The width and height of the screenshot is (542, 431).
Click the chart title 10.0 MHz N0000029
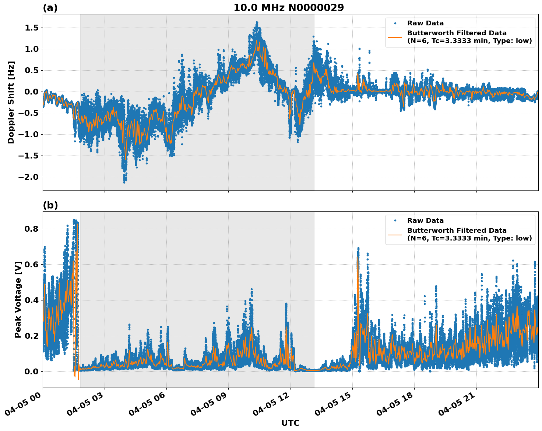click(x=289, y=8)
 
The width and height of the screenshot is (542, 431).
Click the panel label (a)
click(x=50, y=8)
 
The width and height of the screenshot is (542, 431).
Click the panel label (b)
click(x=50, y=205)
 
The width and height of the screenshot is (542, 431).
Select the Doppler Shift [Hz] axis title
click(x=11, y=102)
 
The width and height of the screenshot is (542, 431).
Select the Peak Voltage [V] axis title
click(x=18, y=299)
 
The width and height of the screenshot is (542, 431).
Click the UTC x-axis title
click(x=290, y=423)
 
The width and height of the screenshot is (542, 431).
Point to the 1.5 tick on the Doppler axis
click(x=31, y=28)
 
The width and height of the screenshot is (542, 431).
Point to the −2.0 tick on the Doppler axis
click(x=29, y=177)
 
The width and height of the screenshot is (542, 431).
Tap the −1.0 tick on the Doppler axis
click(x=29, y=135)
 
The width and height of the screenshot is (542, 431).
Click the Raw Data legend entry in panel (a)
click(x=425, y=23)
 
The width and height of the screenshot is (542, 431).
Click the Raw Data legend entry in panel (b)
click(x=425, y=221)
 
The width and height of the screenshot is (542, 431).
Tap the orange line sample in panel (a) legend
click(x=395, y=37)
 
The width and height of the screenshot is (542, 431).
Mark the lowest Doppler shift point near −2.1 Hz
click(x=124, y=182)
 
